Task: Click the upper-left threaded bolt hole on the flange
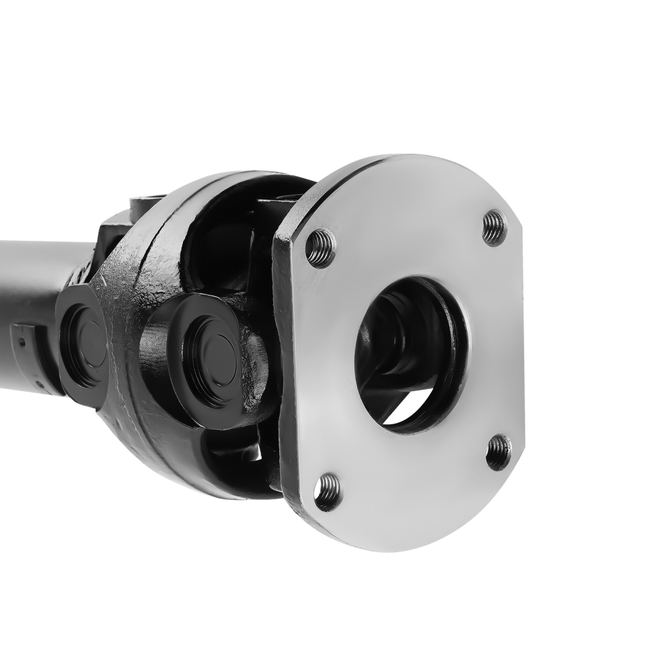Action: (x=321, y=248)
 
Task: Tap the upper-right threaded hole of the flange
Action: (x=494, y=228)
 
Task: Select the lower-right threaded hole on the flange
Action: (x=499, y=452)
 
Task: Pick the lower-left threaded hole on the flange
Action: (x=327, y=491)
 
